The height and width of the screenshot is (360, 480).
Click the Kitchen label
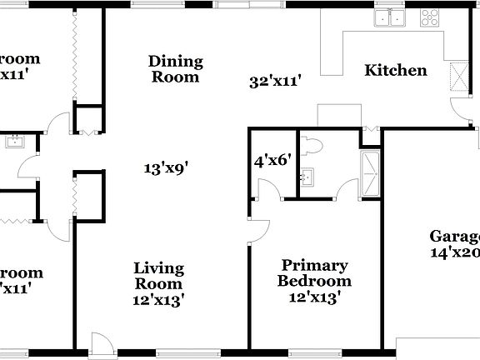(x=396, y=71)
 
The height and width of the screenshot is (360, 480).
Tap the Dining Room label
(x=175, y=69)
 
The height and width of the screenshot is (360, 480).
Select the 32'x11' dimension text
(x=274, y=82)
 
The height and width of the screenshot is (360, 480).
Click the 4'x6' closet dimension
(x=271, y=159)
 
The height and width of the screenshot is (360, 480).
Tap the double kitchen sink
(x=389, y=17)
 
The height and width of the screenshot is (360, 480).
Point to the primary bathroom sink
(x=308, y=177)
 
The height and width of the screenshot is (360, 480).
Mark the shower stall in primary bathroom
(x=370, y=175)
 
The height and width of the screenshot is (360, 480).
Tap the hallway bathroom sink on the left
(x=15, y=142)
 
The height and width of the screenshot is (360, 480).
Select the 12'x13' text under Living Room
(x=159, y=297)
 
